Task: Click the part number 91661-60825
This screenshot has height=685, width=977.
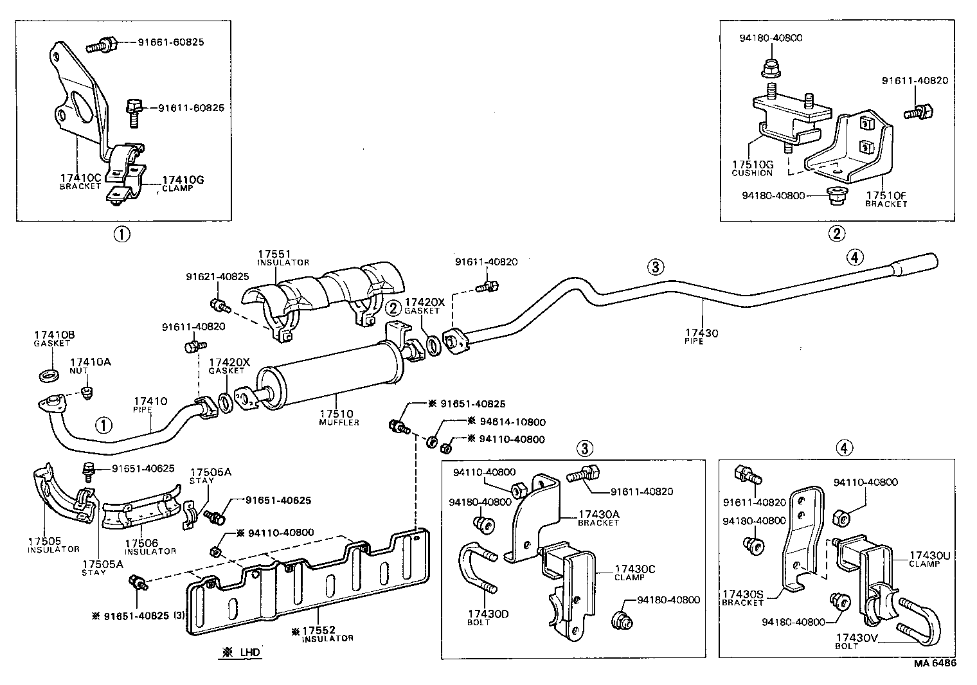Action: tap(171, 42)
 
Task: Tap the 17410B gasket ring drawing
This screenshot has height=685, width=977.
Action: tap(47, 374)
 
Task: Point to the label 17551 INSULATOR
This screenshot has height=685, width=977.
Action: tap(283, 258)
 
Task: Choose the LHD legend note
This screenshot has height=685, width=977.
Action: tap(242, 652)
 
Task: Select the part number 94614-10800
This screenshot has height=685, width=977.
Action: tap(506, 422)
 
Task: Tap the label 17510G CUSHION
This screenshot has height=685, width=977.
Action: tap(752, 168)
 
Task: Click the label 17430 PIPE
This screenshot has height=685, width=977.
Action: tap(701, 337)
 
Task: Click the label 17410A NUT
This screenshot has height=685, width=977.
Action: tap(90, 366)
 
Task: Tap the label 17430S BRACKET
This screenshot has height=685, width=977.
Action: tap(743, 598)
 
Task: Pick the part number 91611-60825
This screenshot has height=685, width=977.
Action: tap(191, 108)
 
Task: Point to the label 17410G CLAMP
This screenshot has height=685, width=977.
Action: tap(183, 183)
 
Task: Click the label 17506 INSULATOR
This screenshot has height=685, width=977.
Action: tap(150, 547)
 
